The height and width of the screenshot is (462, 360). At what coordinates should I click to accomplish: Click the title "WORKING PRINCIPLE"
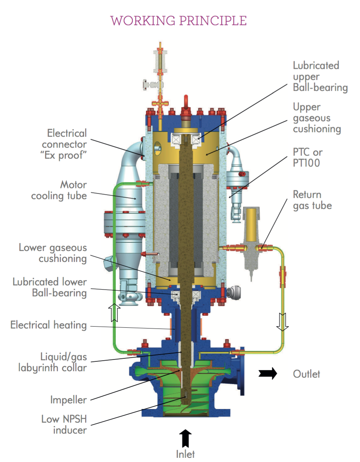tap(178, 20)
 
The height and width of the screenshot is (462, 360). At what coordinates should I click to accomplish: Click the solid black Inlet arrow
tap(185, 438)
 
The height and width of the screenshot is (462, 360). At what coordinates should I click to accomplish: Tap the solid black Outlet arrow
tap(268, 374)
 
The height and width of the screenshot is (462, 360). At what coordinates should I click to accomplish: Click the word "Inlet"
tap(185, 454)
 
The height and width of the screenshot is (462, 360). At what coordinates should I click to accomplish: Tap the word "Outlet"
tap(306, 374)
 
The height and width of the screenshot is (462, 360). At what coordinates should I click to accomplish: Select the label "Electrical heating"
tap(48, 325)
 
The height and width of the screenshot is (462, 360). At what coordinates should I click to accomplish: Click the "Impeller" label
tap(68, 400)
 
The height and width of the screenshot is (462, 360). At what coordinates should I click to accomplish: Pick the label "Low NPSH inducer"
tap(64, 425)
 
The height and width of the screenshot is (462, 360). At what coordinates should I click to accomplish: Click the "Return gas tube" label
tap(312, 200)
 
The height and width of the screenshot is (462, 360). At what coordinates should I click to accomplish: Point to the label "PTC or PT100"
tap(308, 158)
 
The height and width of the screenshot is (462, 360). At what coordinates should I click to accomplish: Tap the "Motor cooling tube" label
tap(59, 190)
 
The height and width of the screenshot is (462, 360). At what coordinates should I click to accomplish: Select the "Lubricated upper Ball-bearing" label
tap(320, 76)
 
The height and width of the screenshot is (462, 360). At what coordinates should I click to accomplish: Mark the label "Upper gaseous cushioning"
tap(317, 118)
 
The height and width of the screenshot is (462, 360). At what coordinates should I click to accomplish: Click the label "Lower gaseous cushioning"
tap(53, 253)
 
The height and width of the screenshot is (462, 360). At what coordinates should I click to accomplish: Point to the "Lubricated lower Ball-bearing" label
tap(50, 287)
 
